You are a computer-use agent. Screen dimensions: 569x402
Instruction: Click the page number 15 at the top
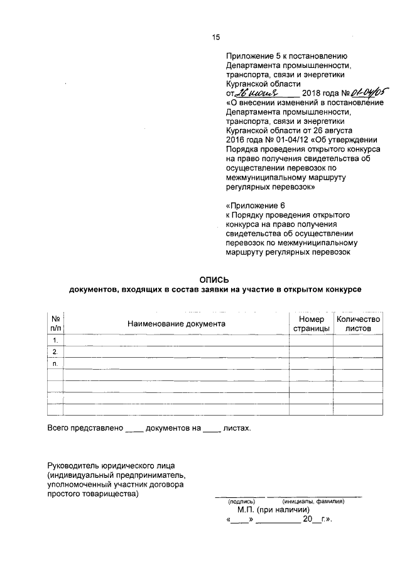pos(215,38)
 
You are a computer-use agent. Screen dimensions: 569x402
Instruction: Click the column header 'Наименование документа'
pos(176,324)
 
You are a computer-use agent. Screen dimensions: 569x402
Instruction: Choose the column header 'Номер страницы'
pos(311,324)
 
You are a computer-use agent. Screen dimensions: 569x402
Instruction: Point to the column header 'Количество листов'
pos(358,324)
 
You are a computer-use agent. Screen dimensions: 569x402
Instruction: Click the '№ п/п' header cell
pos(56,324)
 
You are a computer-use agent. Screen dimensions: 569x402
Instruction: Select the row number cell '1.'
pos(56,340)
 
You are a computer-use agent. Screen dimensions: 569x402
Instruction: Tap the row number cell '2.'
pos(56,351)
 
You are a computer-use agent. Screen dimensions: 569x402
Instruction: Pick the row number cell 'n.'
pos(56,363)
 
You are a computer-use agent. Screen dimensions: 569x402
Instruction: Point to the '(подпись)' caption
pos(241,501)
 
